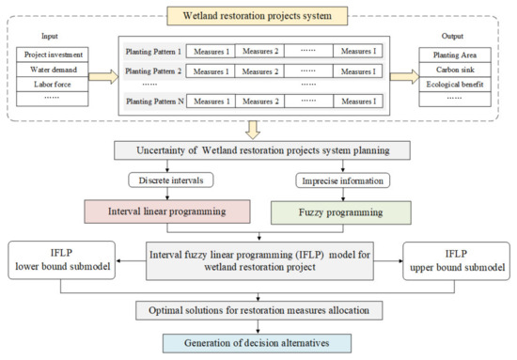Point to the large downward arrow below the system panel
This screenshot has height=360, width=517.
[x=257, y=128]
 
